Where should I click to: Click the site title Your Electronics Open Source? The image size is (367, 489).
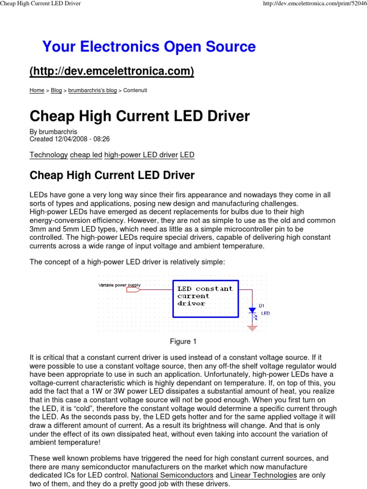pos(149,47)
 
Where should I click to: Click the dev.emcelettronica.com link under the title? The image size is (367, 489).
pos(112,71)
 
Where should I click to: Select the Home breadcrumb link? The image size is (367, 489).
pos(37,90)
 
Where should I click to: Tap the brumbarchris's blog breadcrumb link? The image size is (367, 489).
pos(92,90)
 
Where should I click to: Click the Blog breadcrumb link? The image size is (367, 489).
pos(56,90)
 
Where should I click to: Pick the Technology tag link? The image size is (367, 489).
pos(49,155)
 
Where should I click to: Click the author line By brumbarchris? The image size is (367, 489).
pos(53,132)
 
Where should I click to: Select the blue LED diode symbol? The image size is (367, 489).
pos(252,311)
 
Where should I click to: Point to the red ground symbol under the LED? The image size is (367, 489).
pos(252,328)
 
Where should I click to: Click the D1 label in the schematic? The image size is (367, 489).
pos(261,305)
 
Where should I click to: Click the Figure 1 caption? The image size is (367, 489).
pos(183,341)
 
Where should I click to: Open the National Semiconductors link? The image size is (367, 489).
pos(172,462)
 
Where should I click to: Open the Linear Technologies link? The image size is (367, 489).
pos(263,462)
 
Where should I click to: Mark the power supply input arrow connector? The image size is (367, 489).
pos(134,289)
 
